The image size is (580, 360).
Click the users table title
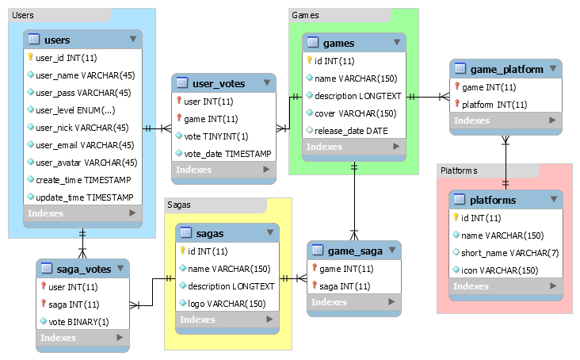(59, 40)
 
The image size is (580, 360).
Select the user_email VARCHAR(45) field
(86, 145)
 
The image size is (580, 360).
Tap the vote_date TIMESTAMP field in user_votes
(227, 153)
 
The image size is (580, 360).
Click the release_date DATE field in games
(351, 131)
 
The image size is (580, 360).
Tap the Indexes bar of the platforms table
(506, 286)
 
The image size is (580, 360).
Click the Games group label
(306, 15)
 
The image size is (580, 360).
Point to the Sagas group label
(180, 205)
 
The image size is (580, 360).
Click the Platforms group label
(459, 170)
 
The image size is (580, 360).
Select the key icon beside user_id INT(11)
(31, 58)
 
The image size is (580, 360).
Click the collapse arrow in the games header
(395, 43)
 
